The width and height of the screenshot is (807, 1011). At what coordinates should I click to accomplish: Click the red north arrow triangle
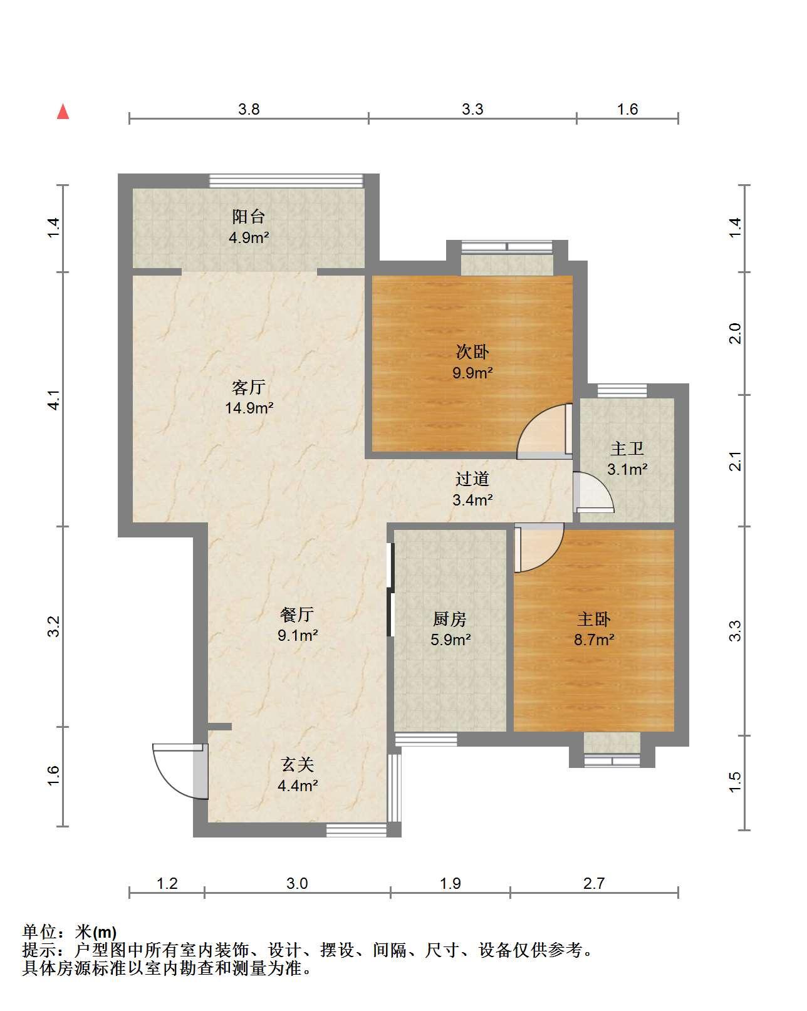tap(63, 111)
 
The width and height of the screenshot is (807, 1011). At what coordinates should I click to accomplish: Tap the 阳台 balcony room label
tap(249, 217)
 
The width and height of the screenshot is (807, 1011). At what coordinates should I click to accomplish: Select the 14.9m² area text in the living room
tap(249, 408)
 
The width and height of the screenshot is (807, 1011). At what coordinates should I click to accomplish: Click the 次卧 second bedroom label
tap(472, 352)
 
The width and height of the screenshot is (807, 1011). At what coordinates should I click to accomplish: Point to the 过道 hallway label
tap(472, 479)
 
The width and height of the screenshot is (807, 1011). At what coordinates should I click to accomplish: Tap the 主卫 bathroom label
tap(627, 448)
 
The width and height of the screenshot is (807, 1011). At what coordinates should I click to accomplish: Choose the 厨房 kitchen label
tap(450, 619)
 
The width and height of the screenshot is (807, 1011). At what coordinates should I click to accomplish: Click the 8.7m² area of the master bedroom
tap(594, 640)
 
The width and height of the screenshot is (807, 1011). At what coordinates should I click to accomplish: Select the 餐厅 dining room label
tap(297, 614)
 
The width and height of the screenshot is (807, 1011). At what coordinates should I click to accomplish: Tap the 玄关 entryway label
tap(297, 765)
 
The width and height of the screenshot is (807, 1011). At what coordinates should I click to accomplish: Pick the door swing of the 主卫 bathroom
tap(593, 492)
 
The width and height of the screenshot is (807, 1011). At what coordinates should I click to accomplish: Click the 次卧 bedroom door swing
tap(544, 431)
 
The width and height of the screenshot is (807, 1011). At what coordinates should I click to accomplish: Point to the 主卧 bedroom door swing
tap(539, 547)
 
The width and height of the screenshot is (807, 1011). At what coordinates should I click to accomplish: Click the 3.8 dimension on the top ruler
tap(249, 110)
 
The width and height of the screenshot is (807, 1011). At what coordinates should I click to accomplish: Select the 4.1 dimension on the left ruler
tap(54, 400)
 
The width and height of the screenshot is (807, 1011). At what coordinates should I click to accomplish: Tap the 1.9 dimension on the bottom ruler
tap(450, 884)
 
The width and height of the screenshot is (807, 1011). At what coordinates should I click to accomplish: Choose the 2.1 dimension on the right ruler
tap(736, 461)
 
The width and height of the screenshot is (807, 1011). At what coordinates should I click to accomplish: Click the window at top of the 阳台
tap(286, 181)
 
